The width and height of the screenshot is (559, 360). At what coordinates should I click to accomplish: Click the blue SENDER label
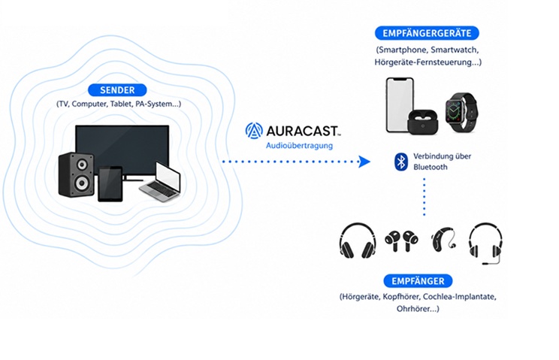[x=117, y=90]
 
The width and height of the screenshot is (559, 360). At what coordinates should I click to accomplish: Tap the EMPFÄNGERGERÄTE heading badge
[x=427, y=33]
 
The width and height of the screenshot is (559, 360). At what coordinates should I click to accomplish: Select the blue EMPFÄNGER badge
[x=418, y=281]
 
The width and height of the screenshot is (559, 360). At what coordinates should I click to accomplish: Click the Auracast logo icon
[x=254, y=131]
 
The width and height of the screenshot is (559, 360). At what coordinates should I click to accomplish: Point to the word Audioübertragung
[x=299, y=145]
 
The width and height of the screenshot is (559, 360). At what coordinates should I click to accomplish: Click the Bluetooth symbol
[x=401, y=162]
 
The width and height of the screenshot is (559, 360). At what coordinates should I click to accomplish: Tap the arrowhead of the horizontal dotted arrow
[x=364, y=162]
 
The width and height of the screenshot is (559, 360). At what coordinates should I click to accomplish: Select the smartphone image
[x=400, y=105]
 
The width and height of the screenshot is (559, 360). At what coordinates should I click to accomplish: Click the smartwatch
[x=461, y=112]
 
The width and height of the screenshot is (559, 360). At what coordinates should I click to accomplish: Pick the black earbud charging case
[x=423, y=123]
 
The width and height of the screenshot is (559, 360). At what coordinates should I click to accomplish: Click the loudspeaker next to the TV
[x=77, y=174]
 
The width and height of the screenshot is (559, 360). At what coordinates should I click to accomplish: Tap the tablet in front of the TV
[x=110, y=183]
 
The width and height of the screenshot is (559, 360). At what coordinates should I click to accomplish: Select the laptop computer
[x=161, y=182]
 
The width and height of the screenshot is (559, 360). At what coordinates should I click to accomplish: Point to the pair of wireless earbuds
[x=401, y=241]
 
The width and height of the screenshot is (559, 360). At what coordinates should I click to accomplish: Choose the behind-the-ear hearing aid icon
[x=443, y=239]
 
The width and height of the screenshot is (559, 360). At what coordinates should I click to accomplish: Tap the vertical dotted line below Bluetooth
[x=425, y=197]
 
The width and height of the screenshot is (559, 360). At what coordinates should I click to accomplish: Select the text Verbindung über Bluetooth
[x=442, y=162]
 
